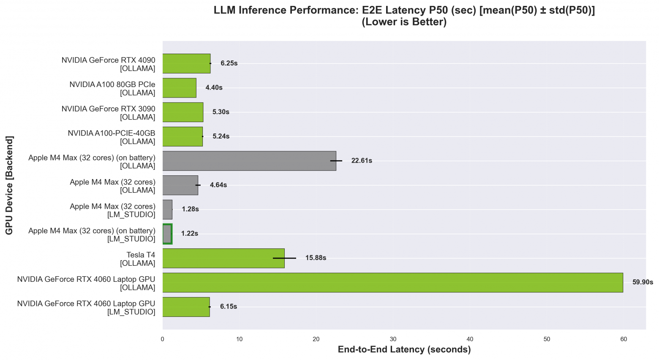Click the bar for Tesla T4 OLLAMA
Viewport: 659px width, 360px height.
[x=223, y=258]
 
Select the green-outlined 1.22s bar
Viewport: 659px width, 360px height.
[x=167, y=234]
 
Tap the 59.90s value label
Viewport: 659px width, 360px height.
[x=642, y=282]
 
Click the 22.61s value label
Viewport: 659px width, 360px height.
[x=362, y=161]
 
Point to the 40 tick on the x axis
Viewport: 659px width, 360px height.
[x=470, y=339]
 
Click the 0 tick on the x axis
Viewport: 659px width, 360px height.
[x=163, y=339]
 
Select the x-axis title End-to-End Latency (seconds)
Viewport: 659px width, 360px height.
[x=404, y=349]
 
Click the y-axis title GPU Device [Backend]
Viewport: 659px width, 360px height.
[x=9, y=185]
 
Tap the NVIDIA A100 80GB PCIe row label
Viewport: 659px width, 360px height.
[x=112, y=88]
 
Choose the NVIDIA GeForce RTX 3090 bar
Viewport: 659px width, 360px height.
[x=182, y=112]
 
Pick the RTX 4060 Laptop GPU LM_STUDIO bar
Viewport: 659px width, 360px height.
[x=186, y=307]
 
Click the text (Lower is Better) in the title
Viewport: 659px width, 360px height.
[x=404, y=22]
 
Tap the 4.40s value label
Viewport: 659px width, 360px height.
[x=214, y=87]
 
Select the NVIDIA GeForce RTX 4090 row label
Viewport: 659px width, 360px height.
[x=109, y=64]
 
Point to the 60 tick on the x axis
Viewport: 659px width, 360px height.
[x=624, y=339]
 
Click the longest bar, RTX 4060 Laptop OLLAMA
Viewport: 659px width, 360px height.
[x=392, y=282]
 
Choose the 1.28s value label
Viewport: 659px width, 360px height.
[x=190, y=209]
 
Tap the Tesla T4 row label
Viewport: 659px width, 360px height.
[x=138, y=259]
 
